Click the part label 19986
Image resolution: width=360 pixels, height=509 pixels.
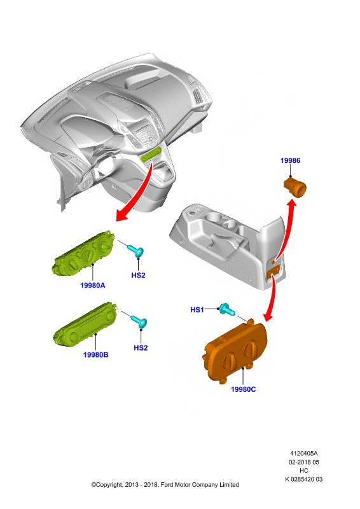(290, 160)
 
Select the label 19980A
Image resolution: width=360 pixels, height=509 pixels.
(92, 285)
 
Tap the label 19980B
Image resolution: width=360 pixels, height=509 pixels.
(96, 355)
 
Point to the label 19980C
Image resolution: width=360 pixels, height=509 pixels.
(243, 389)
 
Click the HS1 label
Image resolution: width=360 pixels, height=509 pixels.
(197, 310)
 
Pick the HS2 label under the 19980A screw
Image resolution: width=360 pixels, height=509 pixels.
(138, 275)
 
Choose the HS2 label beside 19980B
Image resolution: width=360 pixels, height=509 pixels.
(141, 347)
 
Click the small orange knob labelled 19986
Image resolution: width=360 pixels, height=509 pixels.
(295, 187)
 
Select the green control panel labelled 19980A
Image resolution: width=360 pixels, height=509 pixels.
(84, 253)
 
